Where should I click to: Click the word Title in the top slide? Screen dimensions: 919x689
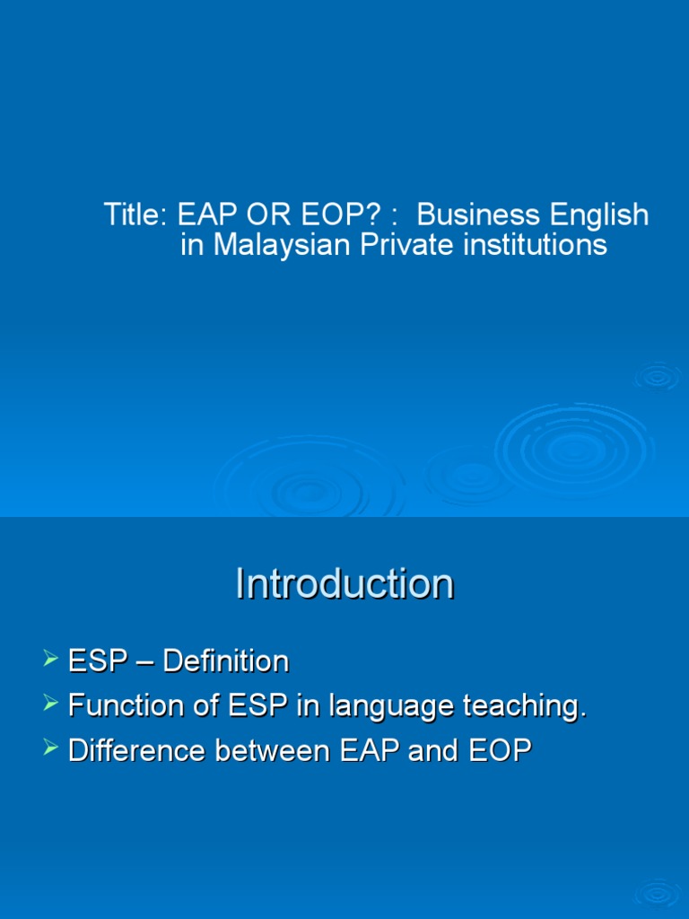(x=132, y=215)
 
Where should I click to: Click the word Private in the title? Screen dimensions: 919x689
(x=403, y=245)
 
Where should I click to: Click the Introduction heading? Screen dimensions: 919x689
(x=344, y=584)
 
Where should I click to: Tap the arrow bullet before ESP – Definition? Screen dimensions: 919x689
(x=51, y=661)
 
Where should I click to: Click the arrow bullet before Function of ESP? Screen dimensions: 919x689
(x=51, y=705)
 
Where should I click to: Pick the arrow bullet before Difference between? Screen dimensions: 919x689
(x=51, y=749)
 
